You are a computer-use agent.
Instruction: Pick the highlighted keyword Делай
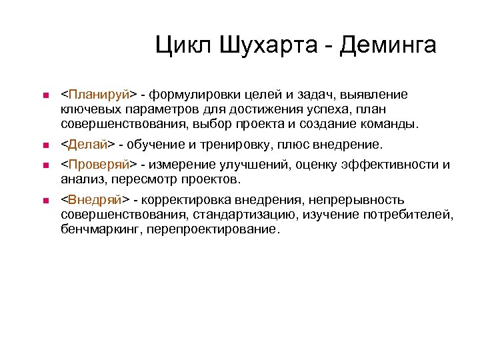click(x=88, y=145)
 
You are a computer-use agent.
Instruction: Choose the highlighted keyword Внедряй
click(x=95, y=200)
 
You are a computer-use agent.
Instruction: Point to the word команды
click(x=393, y=124)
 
